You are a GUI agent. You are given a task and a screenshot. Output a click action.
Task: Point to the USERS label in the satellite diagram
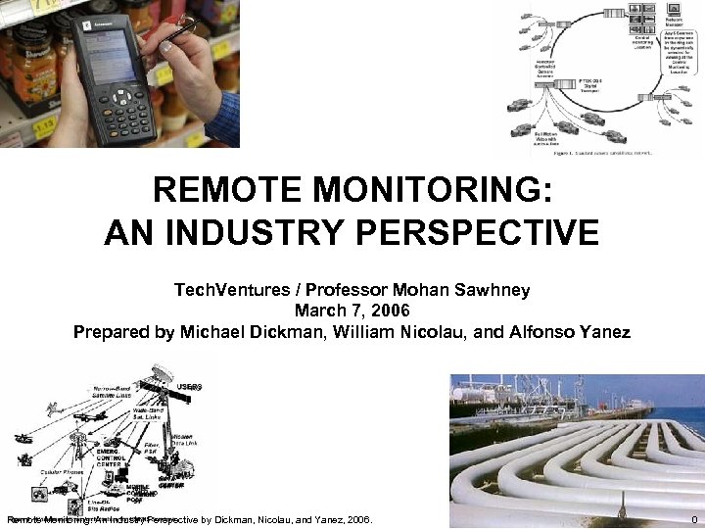[190, 387]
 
